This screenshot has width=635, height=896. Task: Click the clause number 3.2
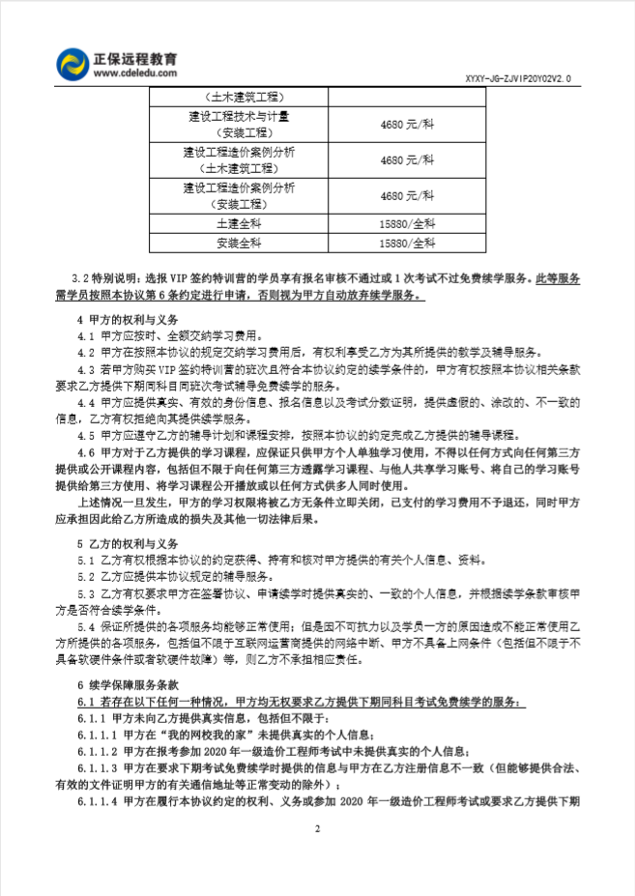click(x=87, y=277)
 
